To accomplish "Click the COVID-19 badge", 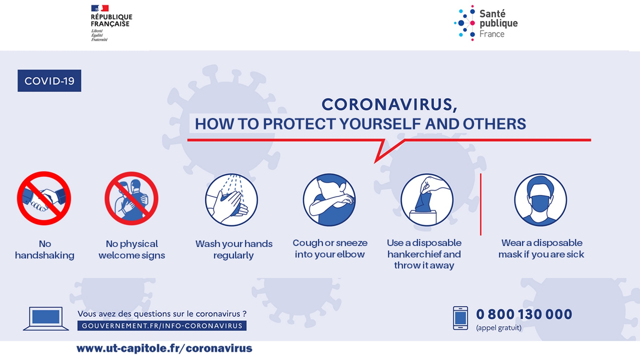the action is (49, 80).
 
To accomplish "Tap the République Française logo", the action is (111, 23).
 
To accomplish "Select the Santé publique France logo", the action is (485, 23).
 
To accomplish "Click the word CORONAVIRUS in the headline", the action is (387, 104).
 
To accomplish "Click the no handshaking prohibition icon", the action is (44, 198).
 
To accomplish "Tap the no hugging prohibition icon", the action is (131, 198).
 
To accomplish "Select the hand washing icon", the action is (231, 199).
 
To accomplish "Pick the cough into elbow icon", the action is (329, 199).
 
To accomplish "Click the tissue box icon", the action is (427, 199).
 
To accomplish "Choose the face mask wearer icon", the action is (540, 199).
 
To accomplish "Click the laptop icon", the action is (45, 318).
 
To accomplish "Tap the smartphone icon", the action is (460, 318).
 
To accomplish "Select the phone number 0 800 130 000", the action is (524, 314).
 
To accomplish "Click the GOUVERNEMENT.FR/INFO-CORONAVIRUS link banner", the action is (162, 325).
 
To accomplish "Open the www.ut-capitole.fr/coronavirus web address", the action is (164, 348).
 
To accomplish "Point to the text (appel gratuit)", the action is (499, 327).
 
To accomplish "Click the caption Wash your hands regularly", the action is (233, 249).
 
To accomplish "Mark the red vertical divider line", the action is (481, 204).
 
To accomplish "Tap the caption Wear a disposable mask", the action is (541, 248).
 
